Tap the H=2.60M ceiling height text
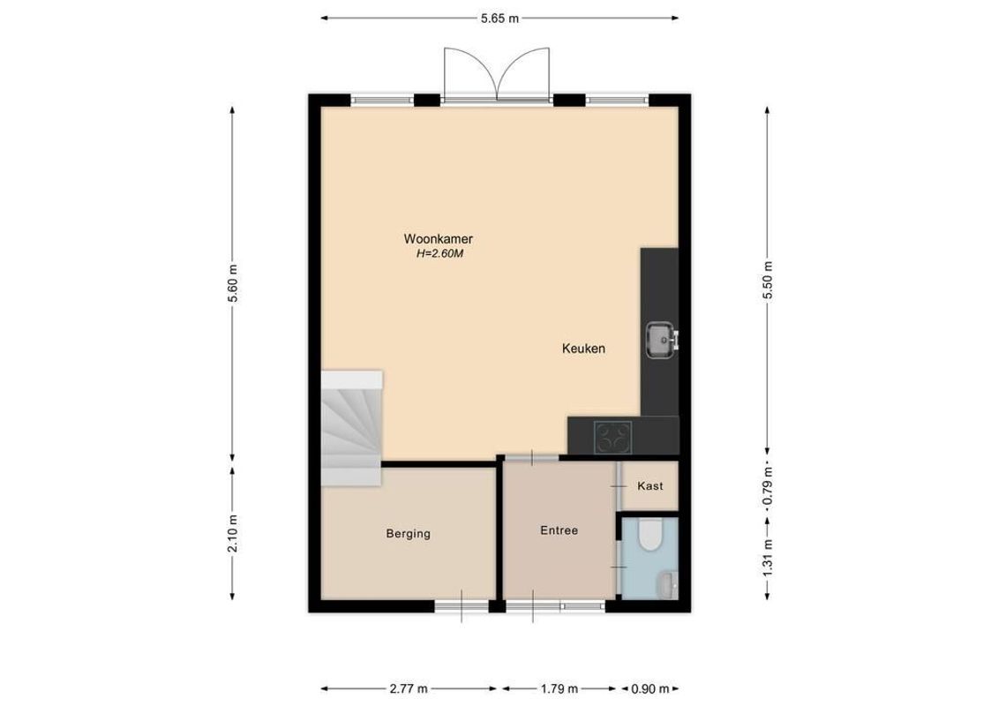click(x=439, y=254)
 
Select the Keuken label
click(x=583, y=349)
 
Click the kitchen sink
click(x=659, y=338)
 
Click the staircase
click(x=350, y=428)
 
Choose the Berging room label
click(x=408, y=534)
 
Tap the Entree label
click(x=559, y=530)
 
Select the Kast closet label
click(x=649, y=486)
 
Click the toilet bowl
click(x=650, y=536)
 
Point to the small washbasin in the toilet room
click(x=667, y=582)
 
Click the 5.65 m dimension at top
click(x=499, y=19)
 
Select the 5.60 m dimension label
click(x=233, y=283)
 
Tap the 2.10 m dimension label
click(x=233, y=534)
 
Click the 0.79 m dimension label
click(x=767, y=484)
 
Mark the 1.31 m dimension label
click(x=767, y=556)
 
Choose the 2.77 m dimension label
click(x=409, y=689)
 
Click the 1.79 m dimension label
click(x=559, y=689)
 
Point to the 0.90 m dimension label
click(x=650, y=689)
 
